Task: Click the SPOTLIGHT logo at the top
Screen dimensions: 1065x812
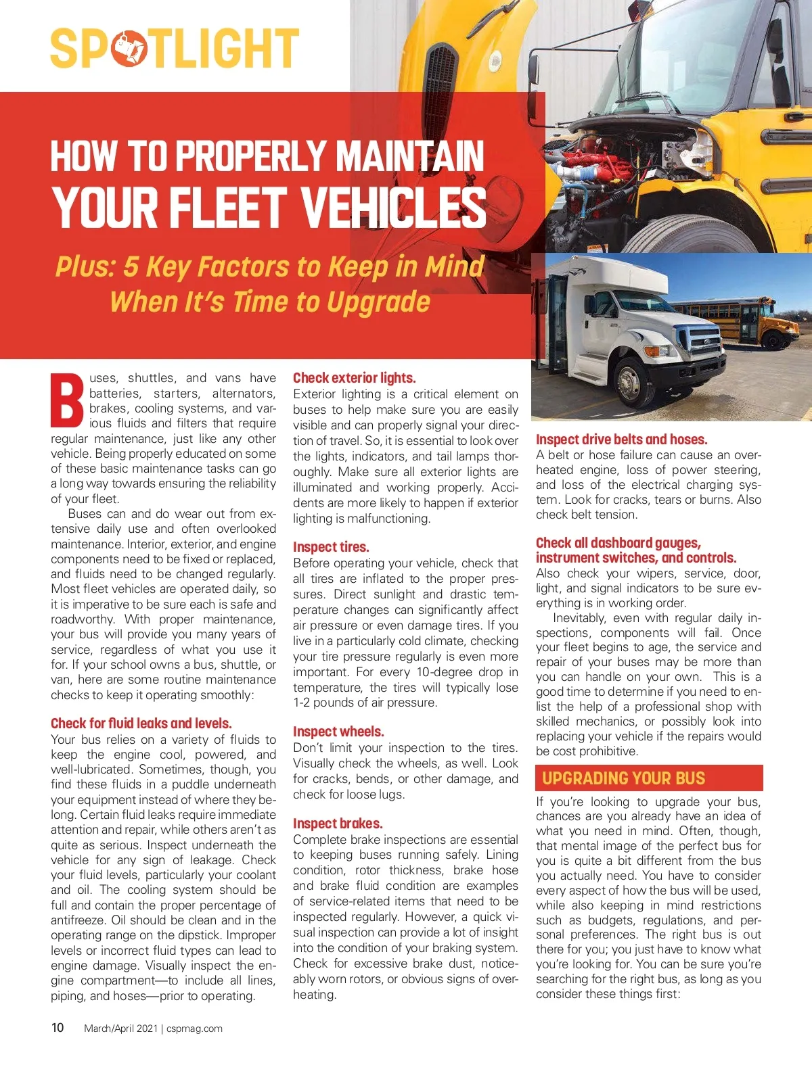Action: (175, 49)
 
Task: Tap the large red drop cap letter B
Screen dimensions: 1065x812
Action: (68, 400)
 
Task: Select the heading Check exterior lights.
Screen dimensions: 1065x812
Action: (354, 378)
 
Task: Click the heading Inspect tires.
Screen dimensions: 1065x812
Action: (331, 547)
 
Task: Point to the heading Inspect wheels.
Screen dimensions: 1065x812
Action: (338, 732)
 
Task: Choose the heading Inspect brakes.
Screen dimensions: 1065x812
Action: (338, 824)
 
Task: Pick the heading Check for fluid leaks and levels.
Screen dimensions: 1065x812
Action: (141, 724)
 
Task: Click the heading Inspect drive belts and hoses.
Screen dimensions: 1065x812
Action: (621, 440)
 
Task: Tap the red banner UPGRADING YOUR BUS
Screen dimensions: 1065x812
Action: (648, 778)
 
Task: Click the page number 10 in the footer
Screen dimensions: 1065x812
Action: (58, 1028)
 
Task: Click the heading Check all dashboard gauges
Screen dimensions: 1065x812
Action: (618, 543)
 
